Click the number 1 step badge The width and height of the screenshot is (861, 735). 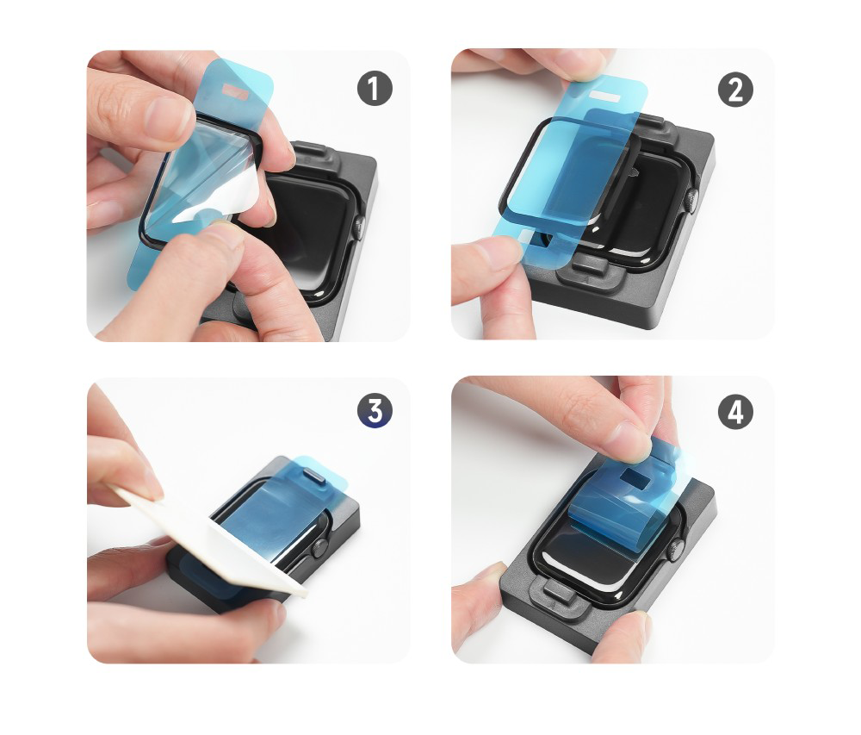tap(375, 89)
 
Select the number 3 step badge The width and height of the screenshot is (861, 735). tap(375, 410)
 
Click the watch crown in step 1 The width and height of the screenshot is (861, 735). tap(359, 227)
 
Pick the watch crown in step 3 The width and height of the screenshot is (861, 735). tap(319, 548)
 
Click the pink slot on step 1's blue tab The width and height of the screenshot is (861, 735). tap(236, 92)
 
